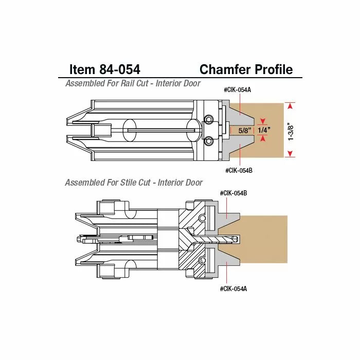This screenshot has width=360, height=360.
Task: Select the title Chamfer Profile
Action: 246,69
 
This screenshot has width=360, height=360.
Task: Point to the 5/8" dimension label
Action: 243,131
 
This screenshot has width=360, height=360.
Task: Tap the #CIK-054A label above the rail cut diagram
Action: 238,90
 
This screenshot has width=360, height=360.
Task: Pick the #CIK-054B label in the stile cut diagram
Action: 233,193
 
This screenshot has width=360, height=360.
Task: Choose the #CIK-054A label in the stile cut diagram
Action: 233,289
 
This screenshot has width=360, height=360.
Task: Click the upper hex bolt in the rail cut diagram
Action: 208,120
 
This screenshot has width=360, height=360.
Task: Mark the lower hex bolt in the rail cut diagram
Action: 208,141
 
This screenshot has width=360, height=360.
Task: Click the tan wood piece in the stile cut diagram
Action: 265,239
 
